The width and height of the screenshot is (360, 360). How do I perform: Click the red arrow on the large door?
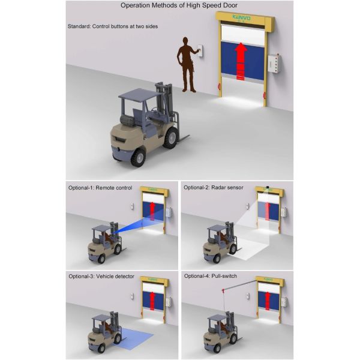pyautogui.click(x=241, y=61)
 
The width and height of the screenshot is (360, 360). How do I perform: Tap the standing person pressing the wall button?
pyautogui.click(x=187, y=65)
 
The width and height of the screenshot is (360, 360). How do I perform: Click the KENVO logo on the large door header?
pyautogui.click(x=241, y=17)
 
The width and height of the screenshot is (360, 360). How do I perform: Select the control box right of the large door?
pyautogui.click(x=275, y=63)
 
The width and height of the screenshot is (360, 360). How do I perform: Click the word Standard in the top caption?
pyautogui.click(x=79, y=26)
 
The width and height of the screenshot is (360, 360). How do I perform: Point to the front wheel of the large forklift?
pyautogui.click(x=170, y=137)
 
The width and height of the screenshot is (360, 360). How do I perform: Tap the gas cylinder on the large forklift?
pyautogui.click(x=128, y=119)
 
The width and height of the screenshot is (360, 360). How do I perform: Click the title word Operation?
pyautogui.click(x=136, y=5)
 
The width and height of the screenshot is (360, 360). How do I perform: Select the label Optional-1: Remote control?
pyautogui.click(x=100, y=188)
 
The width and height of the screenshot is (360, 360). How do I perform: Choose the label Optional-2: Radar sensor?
pyautogui.click(x=213, y=188)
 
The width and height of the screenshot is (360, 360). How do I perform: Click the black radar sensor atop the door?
pyautogui.click(x=267, y=187)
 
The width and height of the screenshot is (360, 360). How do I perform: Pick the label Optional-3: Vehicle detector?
pyautogui.click(x=101, y=276)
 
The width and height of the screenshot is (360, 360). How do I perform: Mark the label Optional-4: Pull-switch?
pyautogui.click(x=211, y=276)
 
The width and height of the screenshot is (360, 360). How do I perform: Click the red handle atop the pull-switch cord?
pyautogui.click(x=223, y=291)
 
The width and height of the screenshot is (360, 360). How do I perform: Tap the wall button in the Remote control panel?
pyautogui.click(x=132, y=206)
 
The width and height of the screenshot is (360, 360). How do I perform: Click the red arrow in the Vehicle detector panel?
pyautogui.click(x=152, y=301)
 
